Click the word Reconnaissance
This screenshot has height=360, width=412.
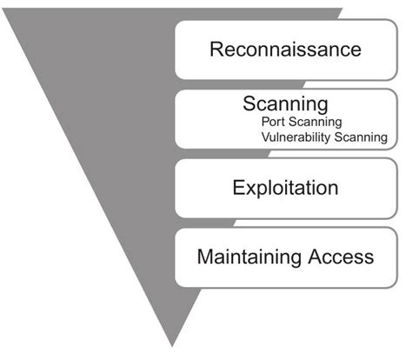click(x=285, y=49)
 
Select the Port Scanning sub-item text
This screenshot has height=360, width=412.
click(x=301, y=122)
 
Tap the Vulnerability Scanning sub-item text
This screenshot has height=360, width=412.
click(x=323, y=137)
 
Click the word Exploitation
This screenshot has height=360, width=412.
click(x=285, y=187)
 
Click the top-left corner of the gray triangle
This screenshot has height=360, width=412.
click(x=5, y=10)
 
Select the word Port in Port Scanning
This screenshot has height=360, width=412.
click(x=272, y=122)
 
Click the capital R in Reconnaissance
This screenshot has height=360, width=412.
click(x=216, y=49)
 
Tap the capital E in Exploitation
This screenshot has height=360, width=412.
click(x=238, y=187)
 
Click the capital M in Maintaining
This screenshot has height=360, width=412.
click(x=204, y=257)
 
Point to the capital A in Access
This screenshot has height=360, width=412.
click(x=317, y=257)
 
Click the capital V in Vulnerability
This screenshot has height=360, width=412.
click(x=263, y=137)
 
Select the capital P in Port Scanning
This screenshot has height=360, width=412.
click(x=264, y=122)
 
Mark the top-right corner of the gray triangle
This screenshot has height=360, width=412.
click(x=342, y=10)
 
